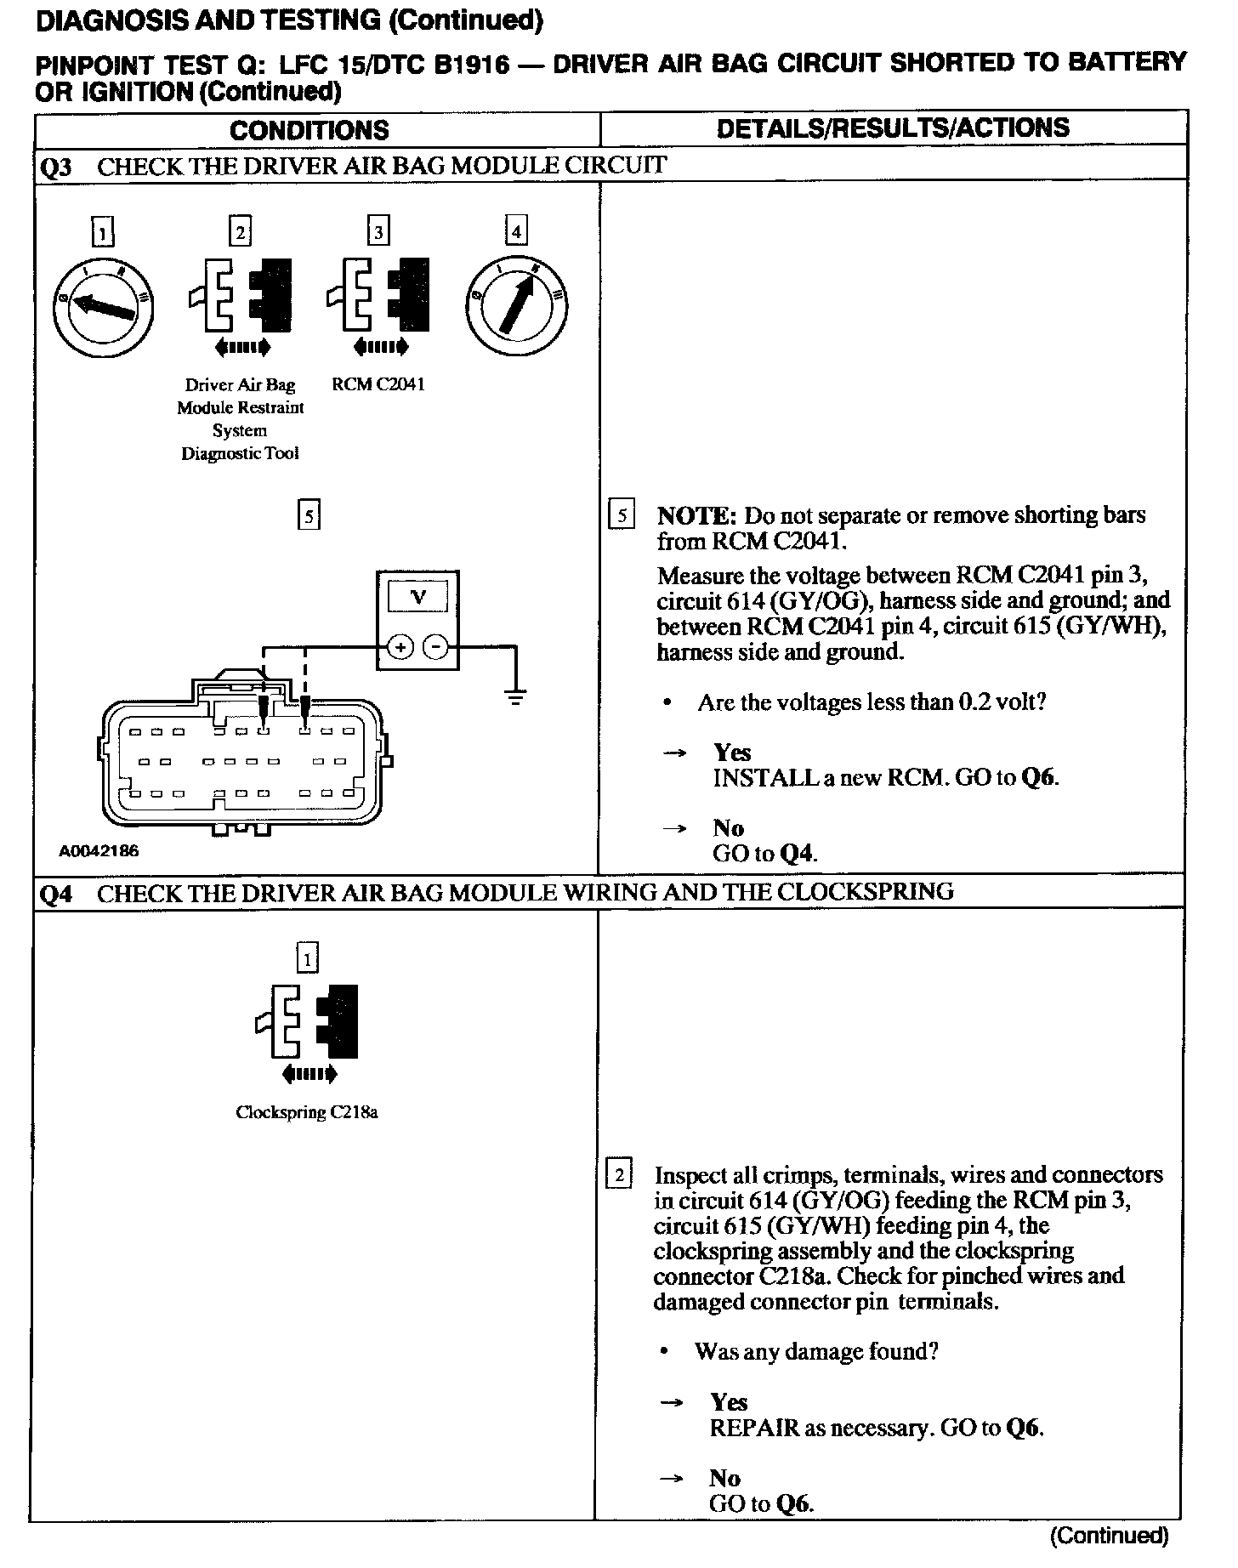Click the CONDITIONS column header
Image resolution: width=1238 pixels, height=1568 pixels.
(x=309, y=130)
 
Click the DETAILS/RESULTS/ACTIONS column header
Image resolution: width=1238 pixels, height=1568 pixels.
(x=893, y=128)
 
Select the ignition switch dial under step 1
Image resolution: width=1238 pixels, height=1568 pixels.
(x=102, y=305)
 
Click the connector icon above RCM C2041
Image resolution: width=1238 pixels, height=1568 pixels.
(x=378, y=294)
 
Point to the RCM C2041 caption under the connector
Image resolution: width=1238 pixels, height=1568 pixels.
(x=378, y=384)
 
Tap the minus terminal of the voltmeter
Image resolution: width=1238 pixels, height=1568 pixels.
(x=435, y=648)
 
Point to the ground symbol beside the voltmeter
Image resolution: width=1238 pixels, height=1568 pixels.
(x=515, y=696)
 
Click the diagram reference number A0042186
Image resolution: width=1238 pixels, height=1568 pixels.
(x=99, y=850)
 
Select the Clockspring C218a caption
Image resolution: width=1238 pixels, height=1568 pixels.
(x=307, y=1112)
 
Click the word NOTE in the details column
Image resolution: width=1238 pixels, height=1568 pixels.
(x=696, y=515)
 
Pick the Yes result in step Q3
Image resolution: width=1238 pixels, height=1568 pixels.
(x=732, y=753)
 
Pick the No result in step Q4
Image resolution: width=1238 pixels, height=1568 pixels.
(x=724, y=1478)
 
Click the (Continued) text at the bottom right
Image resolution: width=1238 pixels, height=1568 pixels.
(x=1110, y=1535)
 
